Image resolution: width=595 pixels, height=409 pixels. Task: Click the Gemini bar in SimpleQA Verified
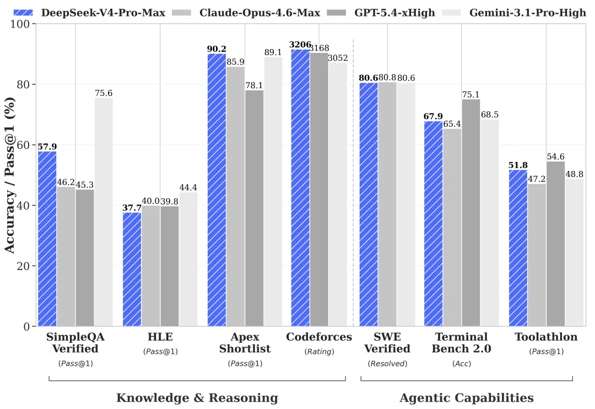pyautogui.click(x=104, y=212)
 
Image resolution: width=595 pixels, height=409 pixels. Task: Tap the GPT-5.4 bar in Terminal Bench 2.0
pyautogui.click(x=471, y=212)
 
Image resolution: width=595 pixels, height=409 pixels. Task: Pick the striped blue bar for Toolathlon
pyautogui.click(x=518, y=248)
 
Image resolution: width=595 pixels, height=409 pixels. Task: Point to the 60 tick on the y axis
pyautogui.click(x=23, y=145)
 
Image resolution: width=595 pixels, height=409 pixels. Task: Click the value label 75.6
pyautogui.click(x=104, y=93)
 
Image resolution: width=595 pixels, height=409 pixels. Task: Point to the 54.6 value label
pyautogui.click(x=555, y=157)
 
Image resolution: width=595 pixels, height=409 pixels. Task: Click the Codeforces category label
pyautogui.click(x=319, y=337)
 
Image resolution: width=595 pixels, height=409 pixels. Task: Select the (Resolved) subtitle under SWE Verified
pyautogui.click(x=387, y=363)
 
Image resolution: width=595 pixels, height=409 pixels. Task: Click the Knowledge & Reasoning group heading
pyautogui.click(x=197, y=398)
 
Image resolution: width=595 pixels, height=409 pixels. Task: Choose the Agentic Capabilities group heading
pyautogui.click(x=466, y=398)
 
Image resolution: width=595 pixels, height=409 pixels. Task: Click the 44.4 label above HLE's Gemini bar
pyautogui.click(x=188, y=187)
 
